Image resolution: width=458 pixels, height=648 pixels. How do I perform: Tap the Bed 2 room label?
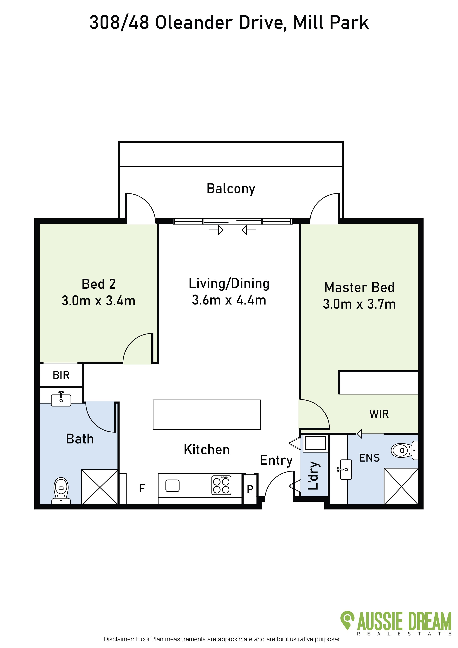pos(99,284)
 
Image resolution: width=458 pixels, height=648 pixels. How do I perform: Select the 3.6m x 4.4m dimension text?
pos(229,300)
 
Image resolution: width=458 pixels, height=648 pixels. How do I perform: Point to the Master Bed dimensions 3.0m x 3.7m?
pos(359,304)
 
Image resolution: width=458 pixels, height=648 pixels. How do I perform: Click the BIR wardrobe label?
pos(61,375)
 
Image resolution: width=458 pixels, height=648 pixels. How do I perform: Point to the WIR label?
pos(379,414)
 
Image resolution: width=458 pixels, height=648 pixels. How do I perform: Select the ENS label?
pos(369,458)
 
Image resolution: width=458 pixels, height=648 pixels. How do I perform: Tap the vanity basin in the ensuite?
pos(346,470)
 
